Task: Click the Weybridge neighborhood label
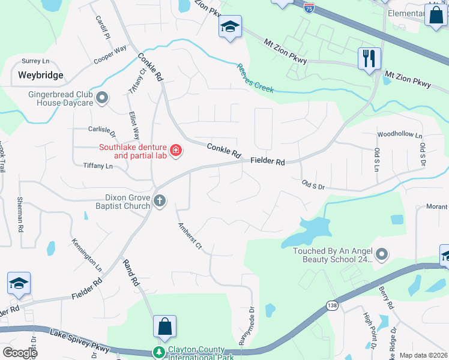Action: pyautogui.click(x=40, y=76)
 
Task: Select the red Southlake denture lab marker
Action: pyautogui.click(x=175, y=150)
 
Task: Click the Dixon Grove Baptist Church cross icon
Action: pyautogui.click(x=159, y=201)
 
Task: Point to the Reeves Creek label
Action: pyautogui.click(x=255, y=78)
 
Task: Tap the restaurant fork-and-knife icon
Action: pyautogui.click(x=369, y=58)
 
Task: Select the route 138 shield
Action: pyautogui.click(x=331, y=307)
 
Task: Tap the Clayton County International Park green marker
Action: pyautogui.click(x=159, y=352)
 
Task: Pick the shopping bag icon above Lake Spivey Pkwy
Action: pyautogui.click(x=164, y=326)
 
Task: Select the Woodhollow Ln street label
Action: pyautogui.click(x=399, y=136)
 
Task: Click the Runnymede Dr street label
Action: pyautogui.click(x=247, y=327)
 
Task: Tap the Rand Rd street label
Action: pyautogui.click(x=131, y=272)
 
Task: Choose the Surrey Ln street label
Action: pyautogui.click(x=35, y=61)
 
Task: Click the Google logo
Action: pyautogui.click(x=20, y=353)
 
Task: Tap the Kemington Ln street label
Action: pyautogui.click(x=87, y=254)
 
